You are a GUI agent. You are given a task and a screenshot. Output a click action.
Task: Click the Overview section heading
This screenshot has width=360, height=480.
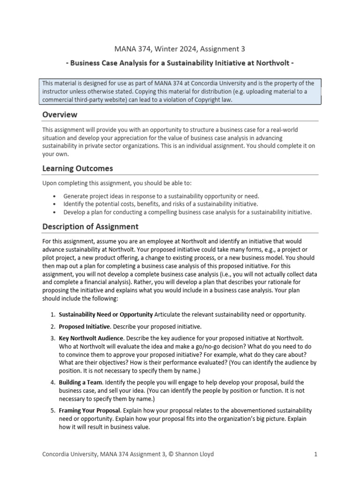[x=60, y=115]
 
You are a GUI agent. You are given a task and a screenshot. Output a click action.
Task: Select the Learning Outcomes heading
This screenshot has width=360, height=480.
[x=77, y=168]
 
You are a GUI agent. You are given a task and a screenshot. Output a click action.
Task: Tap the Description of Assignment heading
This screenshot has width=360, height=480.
[x=90, y=226]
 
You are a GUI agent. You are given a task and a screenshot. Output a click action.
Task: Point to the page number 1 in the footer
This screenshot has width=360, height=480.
[x=316, y=454]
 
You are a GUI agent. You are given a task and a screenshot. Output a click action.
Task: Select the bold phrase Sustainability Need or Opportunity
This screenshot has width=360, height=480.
[x=105, y=315]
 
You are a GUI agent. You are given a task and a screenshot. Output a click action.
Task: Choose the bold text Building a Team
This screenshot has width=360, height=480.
[x=80, y=382]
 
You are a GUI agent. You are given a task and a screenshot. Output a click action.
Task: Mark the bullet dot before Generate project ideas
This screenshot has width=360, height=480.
[x=55, y=196]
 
